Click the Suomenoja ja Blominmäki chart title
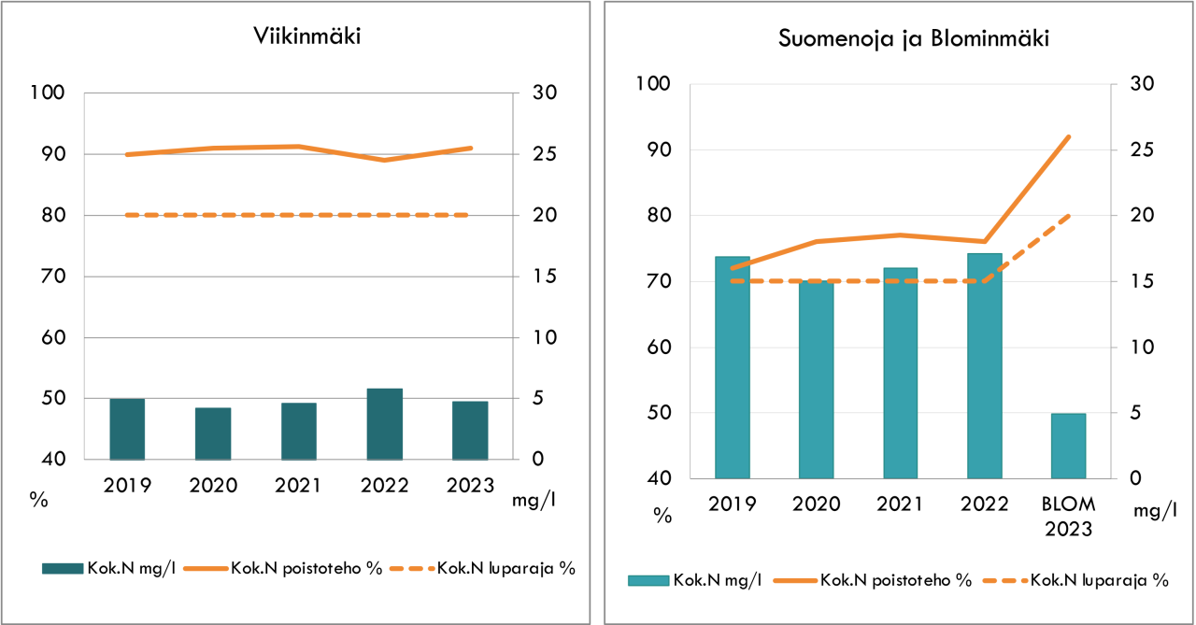900,39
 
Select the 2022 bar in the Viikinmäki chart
384,424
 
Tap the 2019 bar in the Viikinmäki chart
127,429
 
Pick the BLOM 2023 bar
1068,446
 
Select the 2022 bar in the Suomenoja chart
984,365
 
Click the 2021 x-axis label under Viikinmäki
299,486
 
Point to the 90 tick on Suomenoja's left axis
652,150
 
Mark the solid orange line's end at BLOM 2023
1069,137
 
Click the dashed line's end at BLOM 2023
1069,216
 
